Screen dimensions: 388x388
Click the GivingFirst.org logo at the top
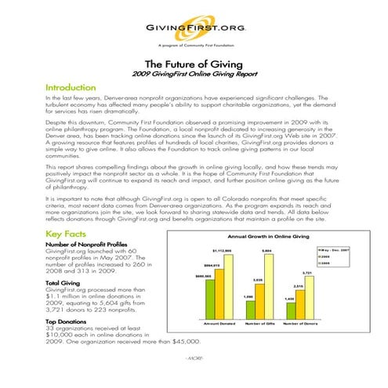(x=193, y=28)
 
